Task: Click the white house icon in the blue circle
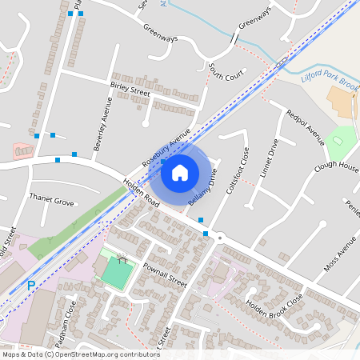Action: click(x=180, y=171)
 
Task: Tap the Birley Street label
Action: click(x=130, y=92)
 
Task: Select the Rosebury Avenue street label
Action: click(x=166, y=146)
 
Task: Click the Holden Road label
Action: click(x=142, y=195)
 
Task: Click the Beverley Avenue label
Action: click(x=101, y=125)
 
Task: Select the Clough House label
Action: click(x=336, y=166)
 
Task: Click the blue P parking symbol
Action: click(x=31, y=285)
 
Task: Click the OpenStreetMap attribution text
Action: click(x=81, y=354)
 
